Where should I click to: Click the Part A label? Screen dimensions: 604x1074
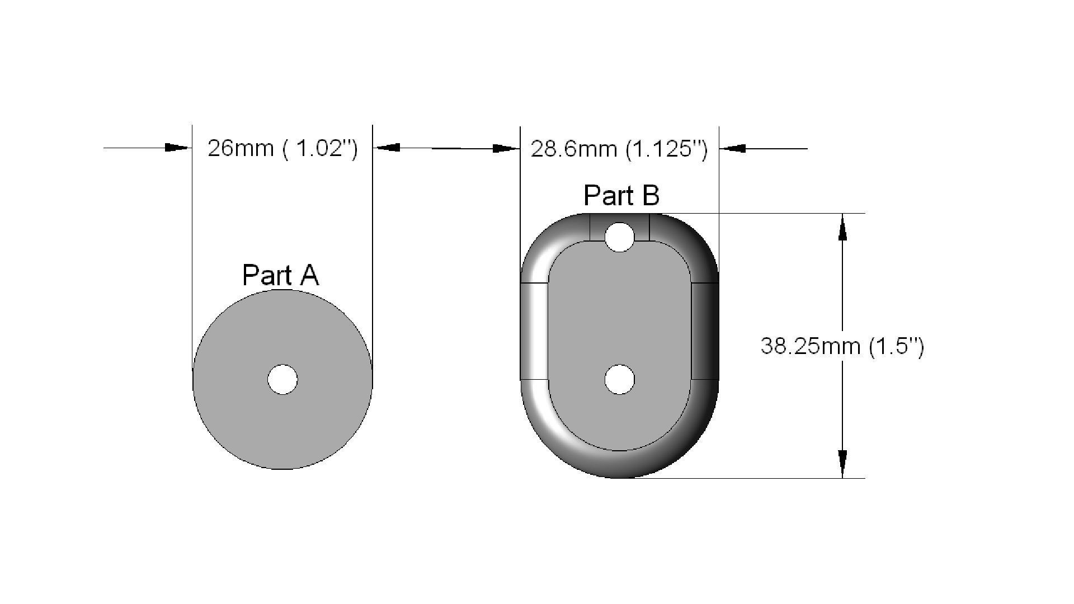click(x=280, y=275)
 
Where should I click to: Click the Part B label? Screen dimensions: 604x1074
click(x=621, y=195)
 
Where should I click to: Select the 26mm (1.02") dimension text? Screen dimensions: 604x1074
click(x=282, y=149)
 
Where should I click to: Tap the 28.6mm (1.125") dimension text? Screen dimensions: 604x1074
click(x=619, y=149)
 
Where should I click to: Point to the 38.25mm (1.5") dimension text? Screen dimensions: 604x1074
click(x=842, y=346)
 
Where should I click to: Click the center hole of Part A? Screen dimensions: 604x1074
click(x=282, y=380)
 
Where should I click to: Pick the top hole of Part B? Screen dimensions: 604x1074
click(x=619, y=237)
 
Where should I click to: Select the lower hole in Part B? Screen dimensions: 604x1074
click(x=620, y=380)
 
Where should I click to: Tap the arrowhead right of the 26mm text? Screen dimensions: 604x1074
click(x=386, y=148)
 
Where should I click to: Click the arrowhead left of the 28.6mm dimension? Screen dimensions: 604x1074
click(x=506, y=149)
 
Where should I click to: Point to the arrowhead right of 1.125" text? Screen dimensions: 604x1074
click(x=733, y=149)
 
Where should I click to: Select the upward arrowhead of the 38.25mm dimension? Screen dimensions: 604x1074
click(x=842, y=226)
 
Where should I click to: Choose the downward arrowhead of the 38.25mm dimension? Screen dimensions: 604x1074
click(x=842, y=464)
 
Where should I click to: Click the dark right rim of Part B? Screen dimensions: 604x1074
click(x=706, y=336)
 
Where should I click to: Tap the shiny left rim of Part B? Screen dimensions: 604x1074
click(x=534, y=336)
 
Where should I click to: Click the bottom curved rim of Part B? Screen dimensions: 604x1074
click(x=620, y=464)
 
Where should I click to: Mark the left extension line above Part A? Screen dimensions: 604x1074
click(x=192, y=224)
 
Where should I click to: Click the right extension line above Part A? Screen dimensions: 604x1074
click(x=372, y=224)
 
